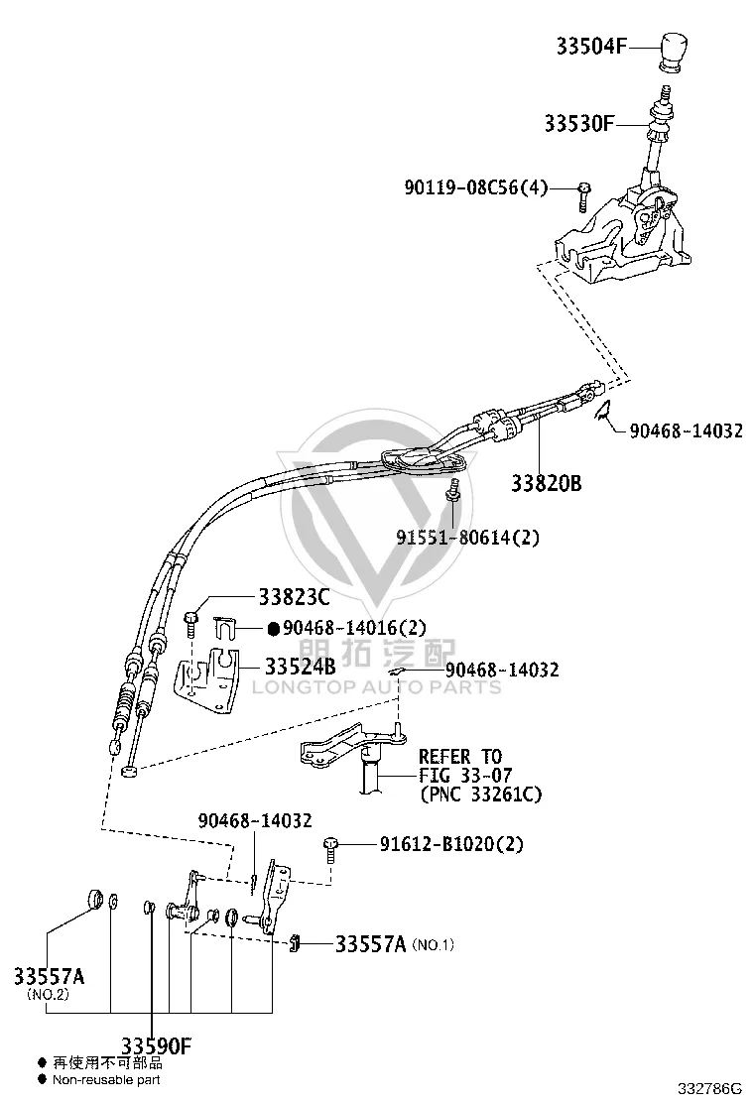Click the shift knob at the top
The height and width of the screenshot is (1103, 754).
click(673, 52)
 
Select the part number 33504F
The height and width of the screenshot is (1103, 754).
click(591, 47)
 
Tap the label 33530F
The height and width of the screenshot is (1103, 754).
click(578, 124)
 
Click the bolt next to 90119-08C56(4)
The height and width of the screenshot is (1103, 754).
click(583, 196)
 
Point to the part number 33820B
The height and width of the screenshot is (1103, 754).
click(546, 483)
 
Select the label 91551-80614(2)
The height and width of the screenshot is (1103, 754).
click(467, 538)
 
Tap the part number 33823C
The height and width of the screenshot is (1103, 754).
click(294, 597)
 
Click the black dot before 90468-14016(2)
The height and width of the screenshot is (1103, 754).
click(274, 628)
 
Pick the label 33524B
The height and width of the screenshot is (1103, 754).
click(301, 666)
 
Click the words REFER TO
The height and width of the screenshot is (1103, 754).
click(460, 757)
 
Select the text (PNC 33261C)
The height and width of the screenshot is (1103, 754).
click(481, 795)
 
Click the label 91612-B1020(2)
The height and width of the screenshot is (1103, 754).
click(451, 843)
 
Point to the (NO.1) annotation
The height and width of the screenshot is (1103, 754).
click(434, 945)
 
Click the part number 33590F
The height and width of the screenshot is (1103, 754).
click(156, 1046)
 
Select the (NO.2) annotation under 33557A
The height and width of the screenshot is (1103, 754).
click(48, 995)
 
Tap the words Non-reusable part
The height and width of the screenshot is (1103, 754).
click(106, 1080)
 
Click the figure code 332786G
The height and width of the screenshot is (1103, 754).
click(709, 1089)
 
